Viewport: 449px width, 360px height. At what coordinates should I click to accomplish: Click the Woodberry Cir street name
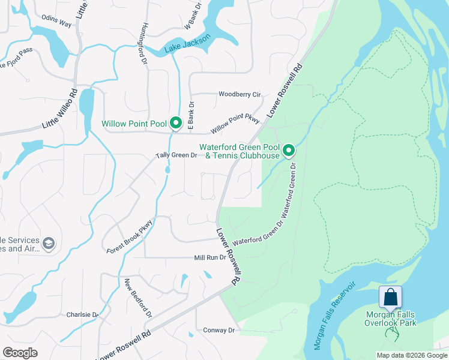pyautogui.click(x=240, y=95)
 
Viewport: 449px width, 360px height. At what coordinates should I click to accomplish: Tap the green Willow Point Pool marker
pyautogui.click(x=176, y=123)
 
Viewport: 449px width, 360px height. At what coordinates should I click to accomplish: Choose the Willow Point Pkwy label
pyautogui.click(x=235, y=125)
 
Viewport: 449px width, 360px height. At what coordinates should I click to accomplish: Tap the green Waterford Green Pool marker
pyautogui.click(x=289, y=150)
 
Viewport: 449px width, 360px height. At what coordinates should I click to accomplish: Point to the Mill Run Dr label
pyautogui.click(x=209, y=258)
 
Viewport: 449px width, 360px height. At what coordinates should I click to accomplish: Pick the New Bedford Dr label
pyautogui.click(x=138, y=298)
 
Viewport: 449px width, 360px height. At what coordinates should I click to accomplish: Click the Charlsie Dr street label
pyautogui.click(x=82, y=314)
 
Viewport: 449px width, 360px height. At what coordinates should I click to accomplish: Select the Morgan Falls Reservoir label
pyautogui.click(x=334, y=316)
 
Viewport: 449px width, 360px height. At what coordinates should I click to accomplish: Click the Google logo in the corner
pyautogui.click(x=20, y=353)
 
